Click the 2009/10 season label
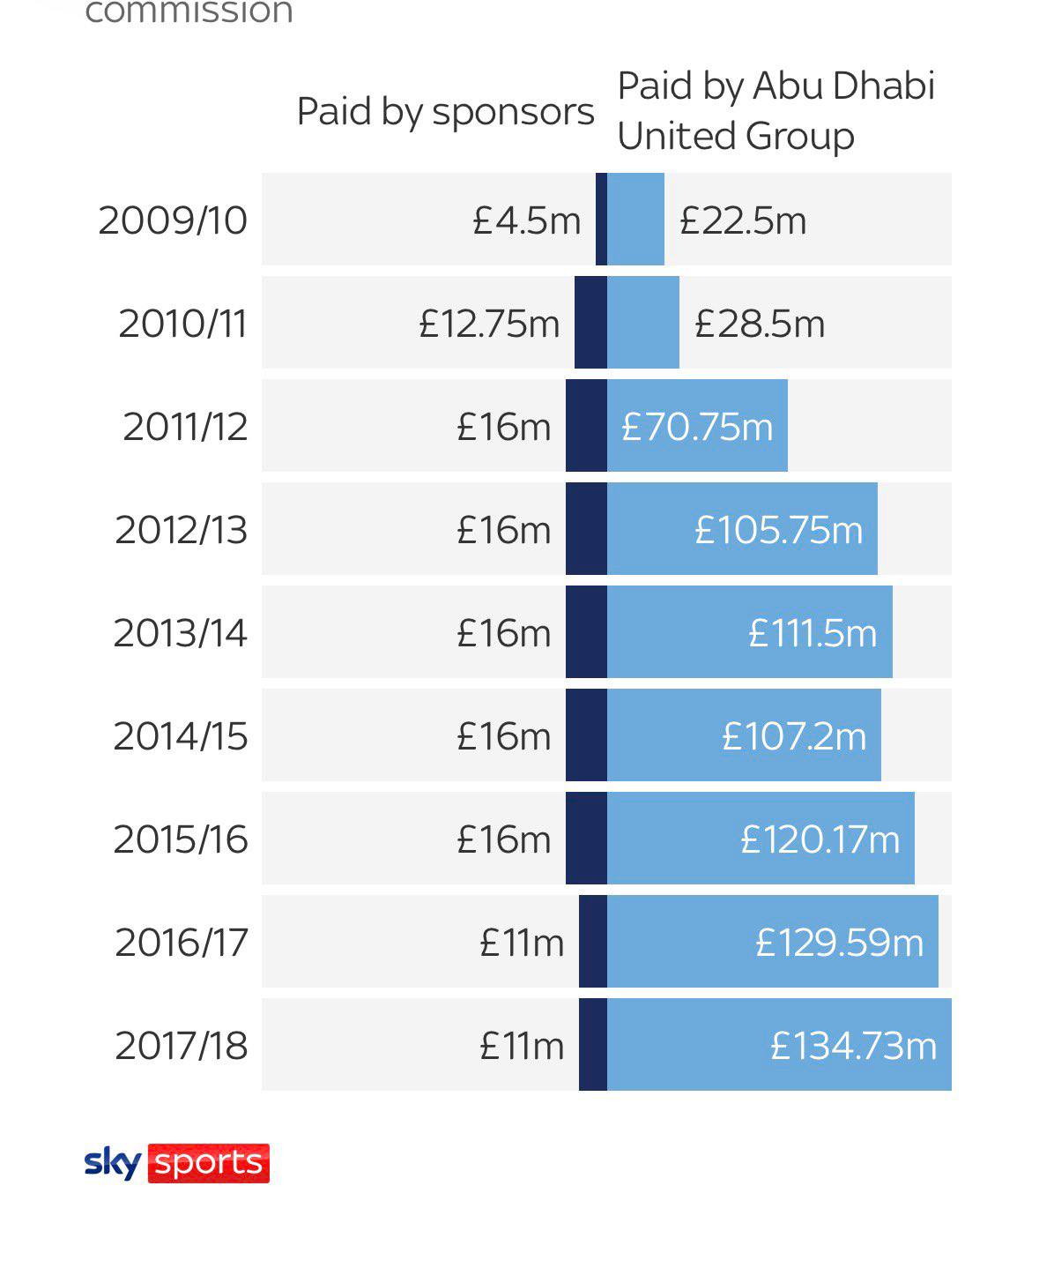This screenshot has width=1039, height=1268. (173, 220)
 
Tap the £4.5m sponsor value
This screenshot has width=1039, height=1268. (526, 220)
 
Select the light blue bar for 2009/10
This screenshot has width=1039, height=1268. (635, 219)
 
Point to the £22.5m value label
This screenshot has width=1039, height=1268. (743, 220)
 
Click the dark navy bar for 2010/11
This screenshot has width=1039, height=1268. (590, 322)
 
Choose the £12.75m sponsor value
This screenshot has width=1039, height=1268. (489, 324)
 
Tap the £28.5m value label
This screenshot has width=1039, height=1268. (760, 324)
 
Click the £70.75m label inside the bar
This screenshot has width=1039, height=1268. (697, 427)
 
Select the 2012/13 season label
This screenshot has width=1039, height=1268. (181, 530)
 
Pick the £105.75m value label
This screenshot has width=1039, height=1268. (779, 530)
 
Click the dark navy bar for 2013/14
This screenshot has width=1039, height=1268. (587, 632)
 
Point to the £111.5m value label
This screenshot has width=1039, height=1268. (813, 633)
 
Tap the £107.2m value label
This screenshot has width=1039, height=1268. (794, 736)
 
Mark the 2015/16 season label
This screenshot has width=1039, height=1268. (181, 839)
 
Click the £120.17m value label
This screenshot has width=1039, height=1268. (820, 839)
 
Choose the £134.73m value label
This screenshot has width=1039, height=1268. (853, 1046)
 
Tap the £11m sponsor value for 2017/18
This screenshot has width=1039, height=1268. (522, 1046)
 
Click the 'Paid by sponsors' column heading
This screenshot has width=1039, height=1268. (445, 112)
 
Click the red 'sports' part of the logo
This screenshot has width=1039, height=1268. (209, 1163)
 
